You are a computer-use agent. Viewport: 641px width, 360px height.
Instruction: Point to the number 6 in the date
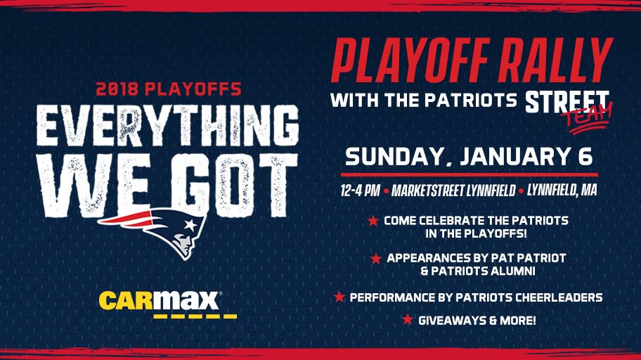point(584,156)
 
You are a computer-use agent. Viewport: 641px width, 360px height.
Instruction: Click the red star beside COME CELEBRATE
point(373,221)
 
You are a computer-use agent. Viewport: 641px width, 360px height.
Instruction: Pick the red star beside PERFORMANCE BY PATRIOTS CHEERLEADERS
point(339,297)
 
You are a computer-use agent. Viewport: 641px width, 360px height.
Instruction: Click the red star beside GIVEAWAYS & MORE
point(407,320)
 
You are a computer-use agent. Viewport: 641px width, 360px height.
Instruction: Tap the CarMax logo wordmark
point(160,300)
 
